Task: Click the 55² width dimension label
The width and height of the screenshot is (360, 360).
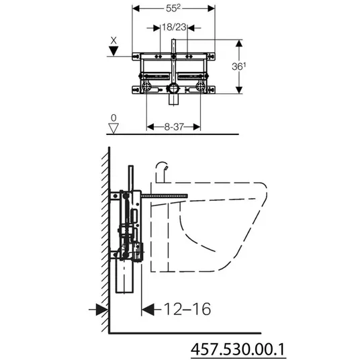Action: [x=173, y=8]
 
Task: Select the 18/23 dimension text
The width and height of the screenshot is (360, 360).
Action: [x=174, y=28]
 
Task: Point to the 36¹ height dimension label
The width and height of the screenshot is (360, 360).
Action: [x=239, y=66]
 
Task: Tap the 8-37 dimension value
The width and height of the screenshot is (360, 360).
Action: [x=174, y=127]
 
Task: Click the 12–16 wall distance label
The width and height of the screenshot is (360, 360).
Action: [x=187, y=309]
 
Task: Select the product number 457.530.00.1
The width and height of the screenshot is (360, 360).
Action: [x=238, y=349]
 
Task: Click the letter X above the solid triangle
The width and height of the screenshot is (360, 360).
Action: [x=114, y=41]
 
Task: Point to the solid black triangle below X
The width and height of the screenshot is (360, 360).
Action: [x=114, y=51]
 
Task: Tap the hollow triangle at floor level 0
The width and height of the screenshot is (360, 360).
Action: [x=114, y=128]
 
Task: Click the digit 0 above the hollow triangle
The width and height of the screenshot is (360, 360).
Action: [x=114, y=118]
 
